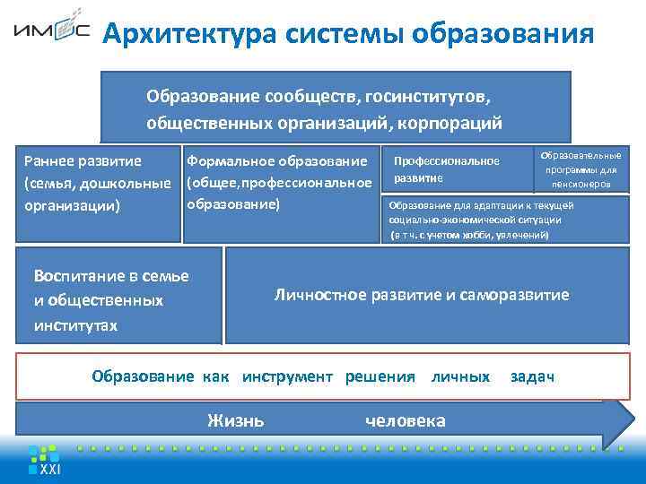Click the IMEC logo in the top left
(x=51, y=33)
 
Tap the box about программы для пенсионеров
(x=581, y=169)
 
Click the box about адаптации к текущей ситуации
(x=506, y=220)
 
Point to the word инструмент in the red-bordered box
(x=292, y=376)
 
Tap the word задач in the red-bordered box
(x=532, y=376)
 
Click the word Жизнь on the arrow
(x=235, y=419)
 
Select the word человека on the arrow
(x=406, y=419)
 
